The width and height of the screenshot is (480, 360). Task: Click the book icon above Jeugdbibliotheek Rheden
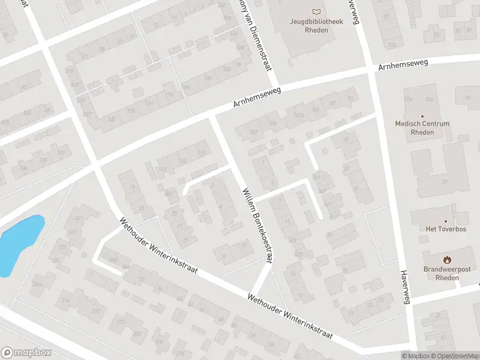[x=316, y=11]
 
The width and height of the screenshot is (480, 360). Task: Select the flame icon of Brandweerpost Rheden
[x=446, y=260]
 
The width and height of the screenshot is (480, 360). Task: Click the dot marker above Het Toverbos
[x=446, y=221]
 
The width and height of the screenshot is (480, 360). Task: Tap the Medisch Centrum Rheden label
[x=422, y=128]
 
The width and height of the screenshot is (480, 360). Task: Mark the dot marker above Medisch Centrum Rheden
[x=422, y=116]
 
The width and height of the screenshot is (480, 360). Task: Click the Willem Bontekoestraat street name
[x=257, y=225]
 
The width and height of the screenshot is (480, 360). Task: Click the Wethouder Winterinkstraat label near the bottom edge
[x=290, y=316]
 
